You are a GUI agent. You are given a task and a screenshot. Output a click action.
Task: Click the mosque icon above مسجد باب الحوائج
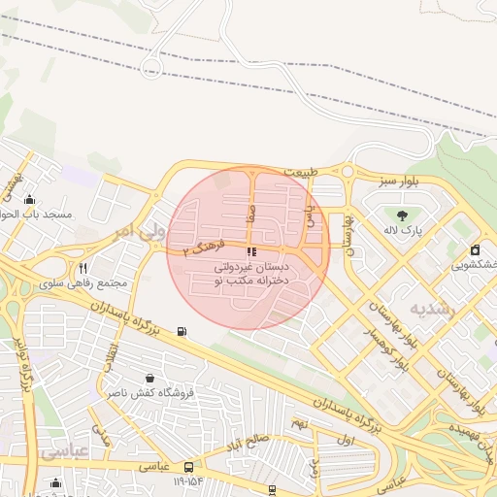tap(29, 199)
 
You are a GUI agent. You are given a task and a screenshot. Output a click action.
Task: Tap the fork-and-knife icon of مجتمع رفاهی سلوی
tap(83, 269)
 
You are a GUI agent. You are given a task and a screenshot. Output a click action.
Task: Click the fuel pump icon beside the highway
tap(182, 332)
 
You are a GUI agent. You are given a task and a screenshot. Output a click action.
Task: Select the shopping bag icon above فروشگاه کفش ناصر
tap(149, 378)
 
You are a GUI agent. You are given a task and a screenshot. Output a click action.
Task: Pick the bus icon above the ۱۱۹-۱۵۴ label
tap(188, 466)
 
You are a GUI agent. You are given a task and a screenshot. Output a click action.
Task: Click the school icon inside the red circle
tap(252, 251)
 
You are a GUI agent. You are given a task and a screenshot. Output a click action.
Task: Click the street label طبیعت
tap(301, 172)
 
